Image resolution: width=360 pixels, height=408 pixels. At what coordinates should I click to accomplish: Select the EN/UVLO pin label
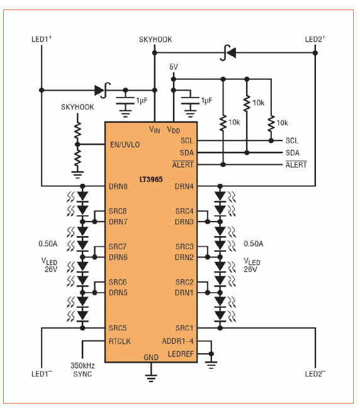tap(124, 144)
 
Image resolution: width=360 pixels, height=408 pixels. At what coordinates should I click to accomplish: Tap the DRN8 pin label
tap(118, 186)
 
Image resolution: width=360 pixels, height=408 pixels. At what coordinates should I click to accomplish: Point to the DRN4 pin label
tap(184, 186)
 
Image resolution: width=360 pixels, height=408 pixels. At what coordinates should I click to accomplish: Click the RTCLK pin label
tap(120, 341)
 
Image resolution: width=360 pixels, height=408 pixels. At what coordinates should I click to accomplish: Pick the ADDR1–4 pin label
tap(177, 341)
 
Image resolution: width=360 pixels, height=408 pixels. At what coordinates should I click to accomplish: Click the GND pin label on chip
tap(151, 357)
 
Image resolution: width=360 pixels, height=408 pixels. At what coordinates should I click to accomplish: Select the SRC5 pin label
tap(118, 328)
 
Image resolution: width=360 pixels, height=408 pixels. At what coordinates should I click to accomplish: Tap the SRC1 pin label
tap(184, 328)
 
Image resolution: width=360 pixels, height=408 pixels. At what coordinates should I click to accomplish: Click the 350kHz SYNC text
tap(82, 369)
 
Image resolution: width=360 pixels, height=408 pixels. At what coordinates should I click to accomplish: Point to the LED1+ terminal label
tap(42, 39)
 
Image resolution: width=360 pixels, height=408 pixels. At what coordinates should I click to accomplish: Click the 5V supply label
tap(174, 67)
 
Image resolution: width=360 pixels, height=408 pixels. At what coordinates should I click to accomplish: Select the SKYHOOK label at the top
tap(155, 40)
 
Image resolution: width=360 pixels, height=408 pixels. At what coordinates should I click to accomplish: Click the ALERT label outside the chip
tap(296, 165)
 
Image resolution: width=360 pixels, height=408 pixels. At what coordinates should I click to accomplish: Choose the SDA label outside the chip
tap(292, 153)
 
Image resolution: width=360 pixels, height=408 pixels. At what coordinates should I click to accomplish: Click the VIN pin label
tap(155, 129)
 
